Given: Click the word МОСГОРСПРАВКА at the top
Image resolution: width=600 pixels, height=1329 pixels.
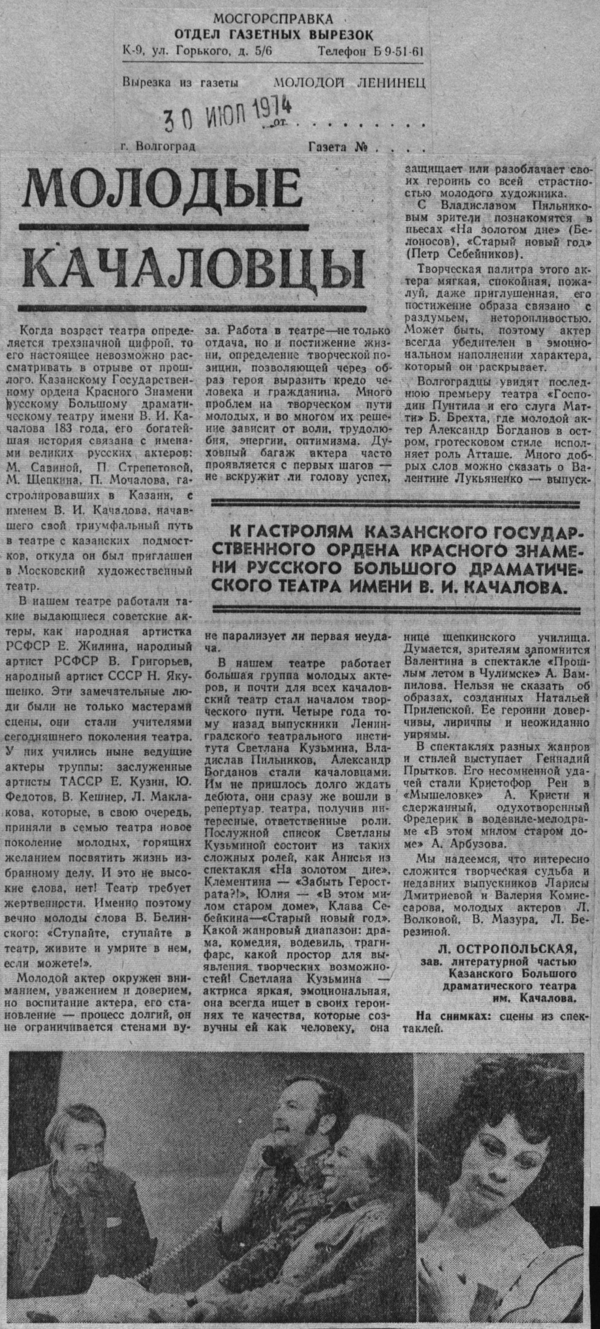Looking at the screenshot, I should coord(273,19).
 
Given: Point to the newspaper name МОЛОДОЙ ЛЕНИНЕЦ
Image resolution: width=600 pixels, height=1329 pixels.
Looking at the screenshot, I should coord(350,82).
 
